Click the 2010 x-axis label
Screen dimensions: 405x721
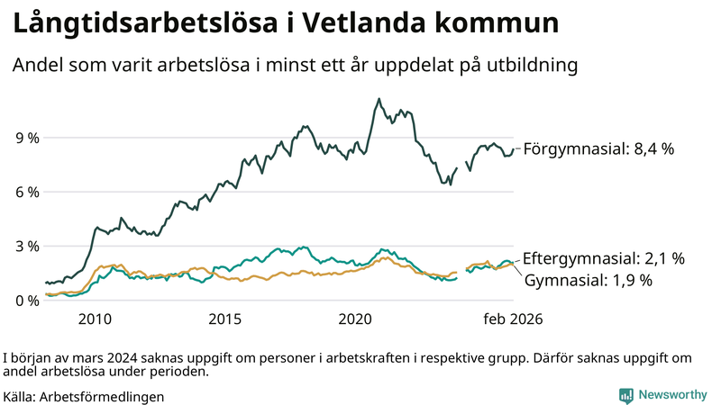[x=95, y=319]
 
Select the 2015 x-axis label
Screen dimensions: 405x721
[x=225, y=319]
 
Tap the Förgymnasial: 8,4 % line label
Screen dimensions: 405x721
[x=598, y=149]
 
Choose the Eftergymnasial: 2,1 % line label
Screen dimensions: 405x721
[x=603, y=258]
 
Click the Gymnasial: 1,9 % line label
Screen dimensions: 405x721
[x=587, y=280]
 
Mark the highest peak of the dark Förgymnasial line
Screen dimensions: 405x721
[x=379, y=99]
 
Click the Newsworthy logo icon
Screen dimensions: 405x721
[x=625, y=395]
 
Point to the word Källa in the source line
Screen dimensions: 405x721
[x=19, y=396]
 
